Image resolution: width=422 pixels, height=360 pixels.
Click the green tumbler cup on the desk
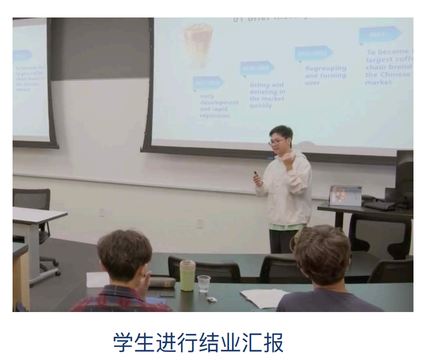pyautogui.click(x=187, y=275)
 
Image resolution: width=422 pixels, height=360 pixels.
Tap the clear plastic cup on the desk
pyautogui.click(x=204, y=283)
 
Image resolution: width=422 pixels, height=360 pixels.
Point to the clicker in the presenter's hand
pyautogui.click(x=256, y=173)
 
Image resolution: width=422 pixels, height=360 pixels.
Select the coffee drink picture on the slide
pyautogui.click(x=198, y=45)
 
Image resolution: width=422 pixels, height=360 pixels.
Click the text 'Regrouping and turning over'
pyautogui.click(x=326, y=75)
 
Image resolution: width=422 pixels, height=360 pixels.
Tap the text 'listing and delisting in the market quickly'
pyautogui.click(x=267, y=95)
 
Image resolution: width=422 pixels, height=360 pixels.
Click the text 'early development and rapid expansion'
pyautogui.click(x=218, y=106)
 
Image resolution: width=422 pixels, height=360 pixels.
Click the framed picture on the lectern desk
pyautogui.click(x=345, y=195)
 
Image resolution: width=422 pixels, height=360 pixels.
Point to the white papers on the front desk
pyautogui.click(x=264, y=297)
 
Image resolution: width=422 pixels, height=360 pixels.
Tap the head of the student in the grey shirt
pyautogui.click(x=322, y=253)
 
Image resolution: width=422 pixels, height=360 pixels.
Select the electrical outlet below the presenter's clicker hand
pyautogui.click(x=200, y=222)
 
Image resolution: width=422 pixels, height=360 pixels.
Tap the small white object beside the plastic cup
pyautogui.click(x=212, y=299)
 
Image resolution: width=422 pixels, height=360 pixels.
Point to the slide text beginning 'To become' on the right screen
pyautogui.click(x=388, y=67)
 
